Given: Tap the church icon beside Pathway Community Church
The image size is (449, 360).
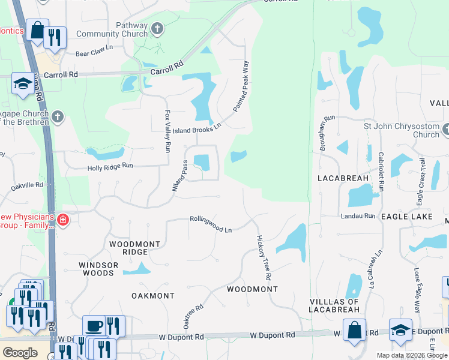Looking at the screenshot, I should pyautogui.click(x=157, y=28).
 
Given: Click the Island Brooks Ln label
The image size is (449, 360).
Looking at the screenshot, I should pyautogui.click(x=197, y=128).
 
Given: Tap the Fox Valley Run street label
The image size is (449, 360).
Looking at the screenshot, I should pyautogui.click(x=167, y=130).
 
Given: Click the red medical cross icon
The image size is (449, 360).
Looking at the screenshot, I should pyautogui.click(x=63, y=221).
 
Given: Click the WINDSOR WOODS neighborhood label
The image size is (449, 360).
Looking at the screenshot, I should pyautogui.click(x=96, y=269).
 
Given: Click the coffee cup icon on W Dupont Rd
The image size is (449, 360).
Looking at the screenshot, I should pyautogui.click(x=94, y=326).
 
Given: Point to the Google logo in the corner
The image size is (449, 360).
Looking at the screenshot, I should pyautogui.click(x=20, y=353).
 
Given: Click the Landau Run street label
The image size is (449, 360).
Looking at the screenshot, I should pyautogui.click(x=358, y=215).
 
